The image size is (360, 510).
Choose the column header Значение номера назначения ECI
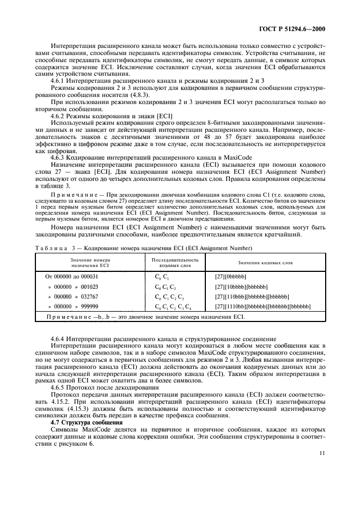click(x=89, y=263)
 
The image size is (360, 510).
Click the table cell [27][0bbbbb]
click(x=233, y=277)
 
